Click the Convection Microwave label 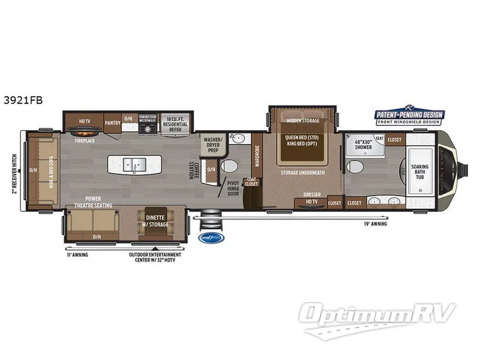(148, 119)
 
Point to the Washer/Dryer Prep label (214, 144)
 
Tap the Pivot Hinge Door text (233, 188)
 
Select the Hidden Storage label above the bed (303, 121)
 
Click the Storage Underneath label (303, 173)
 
